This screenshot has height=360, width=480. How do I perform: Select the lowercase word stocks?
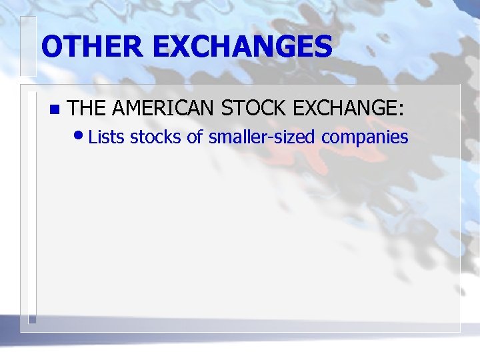point(155,138)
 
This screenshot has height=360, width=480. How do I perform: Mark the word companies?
point(365,138)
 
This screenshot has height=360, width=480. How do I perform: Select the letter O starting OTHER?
point(53,47)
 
